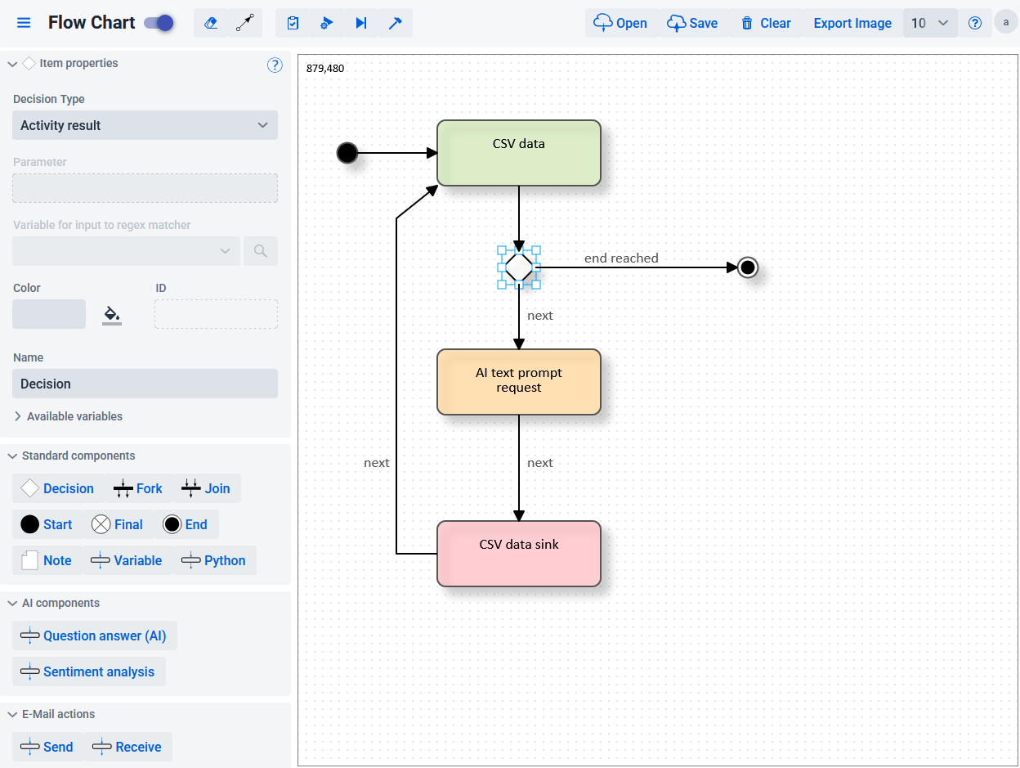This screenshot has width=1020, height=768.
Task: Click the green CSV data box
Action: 518,153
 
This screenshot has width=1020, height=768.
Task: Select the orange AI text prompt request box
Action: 518,381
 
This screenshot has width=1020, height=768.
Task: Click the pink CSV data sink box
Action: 518,554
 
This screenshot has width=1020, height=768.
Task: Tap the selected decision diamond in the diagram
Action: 519,267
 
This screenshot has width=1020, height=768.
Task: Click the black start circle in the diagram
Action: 347,152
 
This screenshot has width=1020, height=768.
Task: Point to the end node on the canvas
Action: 747,267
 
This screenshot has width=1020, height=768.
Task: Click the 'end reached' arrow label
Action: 621,258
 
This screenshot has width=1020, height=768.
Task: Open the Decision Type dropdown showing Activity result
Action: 145,125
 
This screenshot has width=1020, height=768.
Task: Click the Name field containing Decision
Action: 145,384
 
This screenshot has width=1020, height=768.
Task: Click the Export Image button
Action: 852,23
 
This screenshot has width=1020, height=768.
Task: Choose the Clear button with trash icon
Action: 766,23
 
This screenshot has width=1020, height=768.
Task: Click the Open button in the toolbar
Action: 620,23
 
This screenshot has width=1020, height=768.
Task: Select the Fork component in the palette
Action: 138,488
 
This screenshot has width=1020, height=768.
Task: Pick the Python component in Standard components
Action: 214,560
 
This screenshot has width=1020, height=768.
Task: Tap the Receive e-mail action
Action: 127,747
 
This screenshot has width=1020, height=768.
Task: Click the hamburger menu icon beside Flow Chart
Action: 24,23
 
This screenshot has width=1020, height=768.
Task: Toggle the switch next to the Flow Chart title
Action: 159,23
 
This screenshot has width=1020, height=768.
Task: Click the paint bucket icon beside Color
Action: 112,314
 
